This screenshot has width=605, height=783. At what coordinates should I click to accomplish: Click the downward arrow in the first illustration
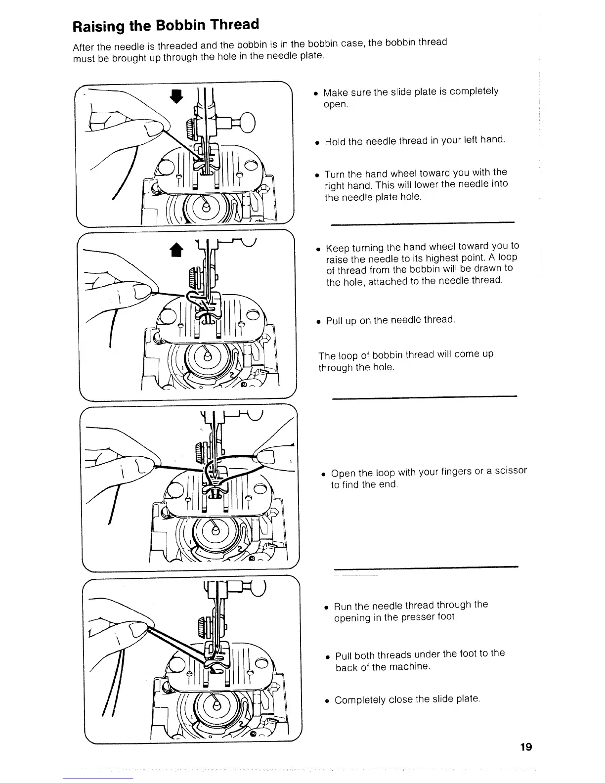173,97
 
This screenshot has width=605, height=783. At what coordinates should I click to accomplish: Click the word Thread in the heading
234,24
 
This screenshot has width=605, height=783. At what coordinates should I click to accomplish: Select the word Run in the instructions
343,606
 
